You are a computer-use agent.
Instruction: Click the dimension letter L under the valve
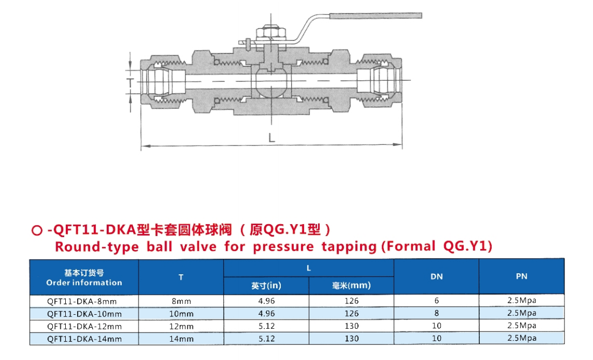coord(272,137)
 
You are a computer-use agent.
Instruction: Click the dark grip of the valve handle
coord(375,16)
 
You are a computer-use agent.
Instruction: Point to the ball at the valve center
coord(271,82)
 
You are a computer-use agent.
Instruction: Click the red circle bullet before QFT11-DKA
coord(37,230)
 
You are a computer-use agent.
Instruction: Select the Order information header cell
coord(84,278)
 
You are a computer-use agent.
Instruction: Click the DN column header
coord(437,276)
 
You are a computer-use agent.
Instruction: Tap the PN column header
coord(521,276)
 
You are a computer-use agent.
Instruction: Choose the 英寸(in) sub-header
coord(266,286)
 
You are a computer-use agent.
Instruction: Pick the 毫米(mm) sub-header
coord(351,286)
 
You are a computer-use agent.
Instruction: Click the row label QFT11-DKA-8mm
coord(82,301)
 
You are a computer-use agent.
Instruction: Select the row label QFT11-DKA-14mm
coord(84,339)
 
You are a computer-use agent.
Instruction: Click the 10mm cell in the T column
coord(181,314)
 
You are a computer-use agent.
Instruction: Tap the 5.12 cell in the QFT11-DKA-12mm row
coord(267,326)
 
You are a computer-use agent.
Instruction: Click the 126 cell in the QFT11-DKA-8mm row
coord(351,301)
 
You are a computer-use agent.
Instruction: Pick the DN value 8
coord(437,313)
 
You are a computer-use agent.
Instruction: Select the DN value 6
coord(437,301)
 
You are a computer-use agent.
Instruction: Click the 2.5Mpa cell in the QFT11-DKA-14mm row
coord(522,338)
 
